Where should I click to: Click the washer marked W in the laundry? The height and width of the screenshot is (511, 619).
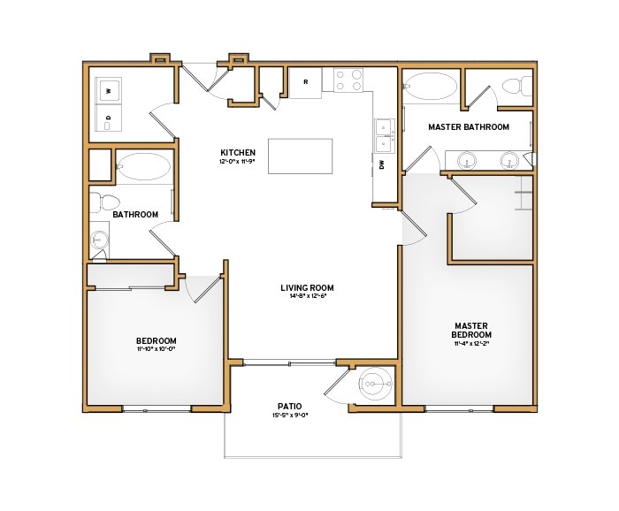(109, 90)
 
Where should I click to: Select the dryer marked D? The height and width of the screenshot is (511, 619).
(109, 118)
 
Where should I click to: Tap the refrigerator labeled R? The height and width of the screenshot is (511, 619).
(306, 82)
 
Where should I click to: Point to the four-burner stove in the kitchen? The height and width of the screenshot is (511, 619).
(349, 80)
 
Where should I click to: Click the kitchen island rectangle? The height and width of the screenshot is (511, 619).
(302, 156)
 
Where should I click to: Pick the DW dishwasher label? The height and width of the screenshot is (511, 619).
(381, 164)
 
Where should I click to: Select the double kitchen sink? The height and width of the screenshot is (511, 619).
(383, 134)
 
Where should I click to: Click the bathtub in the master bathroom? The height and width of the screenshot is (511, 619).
(431, 88)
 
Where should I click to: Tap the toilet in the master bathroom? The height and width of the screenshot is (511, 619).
(511, 87)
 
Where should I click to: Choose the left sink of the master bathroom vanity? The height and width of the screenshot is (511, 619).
(467, 160)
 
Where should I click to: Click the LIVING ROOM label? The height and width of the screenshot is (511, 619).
(307, 287)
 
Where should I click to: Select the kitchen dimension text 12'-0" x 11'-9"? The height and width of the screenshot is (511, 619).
(238, 163)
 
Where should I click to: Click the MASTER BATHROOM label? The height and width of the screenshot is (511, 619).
(469, 127)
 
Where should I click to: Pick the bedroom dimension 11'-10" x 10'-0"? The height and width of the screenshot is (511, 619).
(156, 350)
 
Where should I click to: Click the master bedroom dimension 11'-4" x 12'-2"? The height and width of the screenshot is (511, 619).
(471, 345)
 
